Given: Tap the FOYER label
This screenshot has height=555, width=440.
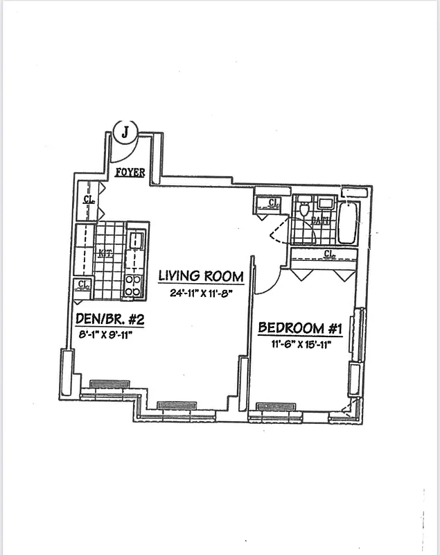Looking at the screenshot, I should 130,172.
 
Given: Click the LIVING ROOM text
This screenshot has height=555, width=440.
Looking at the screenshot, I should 201,275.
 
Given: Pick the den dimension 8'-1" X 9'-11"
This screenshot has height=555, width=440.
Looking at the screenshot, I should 104,335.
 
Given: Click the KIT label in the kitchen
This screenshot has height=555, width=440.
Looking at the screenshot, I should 105,253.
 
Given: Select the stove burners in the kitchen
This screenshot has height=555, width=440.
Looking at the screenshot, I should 132,284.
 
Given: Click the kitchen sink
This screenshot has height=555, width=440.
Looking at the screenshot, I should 137,241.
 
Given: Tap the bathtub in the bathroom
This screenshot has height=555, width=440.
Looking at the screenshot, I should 348,221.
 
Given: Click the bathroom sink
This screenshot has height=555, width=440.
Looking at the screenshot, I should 324,203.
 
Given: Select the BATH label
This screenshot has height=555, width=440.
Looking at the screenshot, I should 319,221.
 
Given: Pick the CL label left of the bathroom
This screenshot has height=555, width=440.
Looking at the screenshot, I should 272,203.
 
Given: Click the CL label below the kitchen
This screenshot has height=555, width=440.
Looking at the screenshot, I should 84,284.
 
